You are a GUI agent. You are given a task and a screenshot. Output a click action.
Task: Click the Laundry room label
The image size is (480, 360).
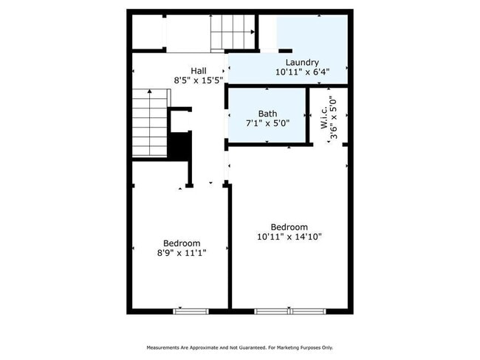point(301,63)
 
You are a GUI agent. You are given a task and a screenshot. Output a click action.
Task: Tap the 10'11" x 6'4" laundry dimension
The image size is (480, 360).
point(301,72)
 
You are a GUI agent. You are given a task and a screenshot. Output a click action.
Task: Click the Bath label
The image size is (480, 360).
point(267,114)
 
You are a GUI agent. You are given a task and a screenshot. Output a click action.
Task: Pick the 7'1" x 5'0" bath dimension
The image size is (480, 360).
point(267,123)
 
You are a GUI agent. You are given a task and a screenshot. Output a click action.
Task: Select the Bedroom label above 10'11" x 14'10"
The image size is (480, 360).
point(289,226)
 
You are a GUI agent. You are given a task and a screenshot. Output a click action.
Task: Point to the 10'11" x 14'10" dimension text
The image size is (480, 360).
point(289,237)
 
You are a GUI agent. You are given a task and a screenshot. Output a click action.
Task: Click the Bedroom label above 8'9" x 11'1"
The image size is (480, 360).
point(182,243)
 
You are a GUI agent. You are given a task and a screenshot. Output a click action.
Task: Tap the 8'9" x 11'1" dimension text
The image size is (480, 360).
point(182,253)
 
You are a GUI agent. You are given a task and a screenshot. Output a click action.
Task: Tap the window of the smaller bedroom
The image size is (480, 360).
point(186,311)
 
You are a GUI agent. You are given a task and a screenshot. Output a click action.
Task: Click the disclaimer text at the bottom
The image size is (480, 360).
point(240,347)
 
